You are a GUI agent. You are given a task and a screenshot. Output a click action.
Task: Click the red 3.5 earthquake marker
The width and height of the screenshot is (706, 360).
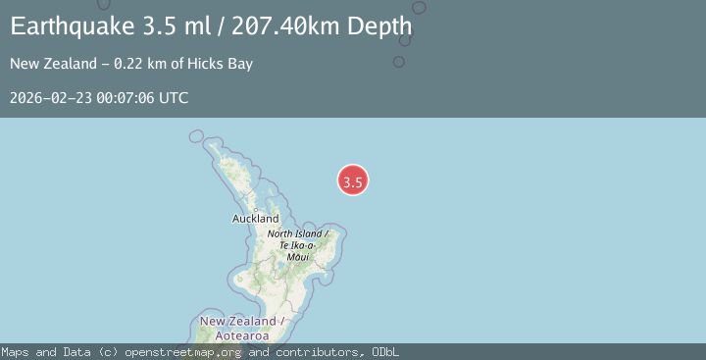353,180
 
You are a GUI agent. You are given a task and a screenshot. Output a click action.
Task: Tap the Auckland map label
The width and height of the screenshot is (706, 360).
255,219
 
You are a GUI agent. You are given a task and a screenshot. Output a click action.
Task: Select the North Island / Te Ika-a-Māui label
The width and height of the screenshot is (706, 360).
298,244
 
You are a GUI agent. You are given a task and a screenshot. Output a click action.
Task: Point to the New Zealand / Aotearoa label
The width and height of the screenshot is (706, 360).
241,329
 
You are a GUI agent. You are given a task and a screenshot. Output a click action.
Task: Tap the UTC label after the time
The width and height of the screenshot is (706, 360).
173,98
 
